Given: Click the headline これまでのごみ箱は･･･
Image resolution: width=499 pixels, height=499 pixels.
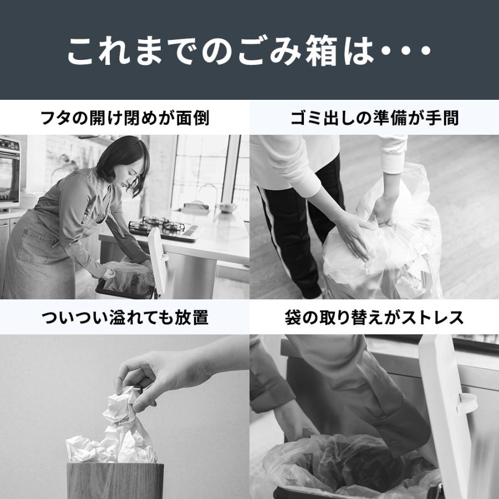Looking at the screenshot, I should pyautogui.click(x=249, y=51).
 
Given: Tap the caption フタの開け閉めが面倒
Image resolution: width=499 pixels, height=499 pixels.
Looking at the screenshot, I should pyautogui.click(x=125, y=118).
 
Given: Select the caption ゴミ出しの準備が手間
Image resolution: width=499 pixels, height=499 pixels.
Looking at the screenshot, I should pyautogui.click(x=374, y=118).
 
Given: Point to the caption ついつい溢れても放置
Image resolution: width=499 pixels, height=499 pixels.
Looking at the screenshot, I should pyautogui.click(x=125, y=318).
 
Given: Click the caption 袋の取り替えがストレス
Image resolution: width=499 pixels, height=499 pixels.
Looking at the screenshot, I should pyautogui.click(x=374, y=318).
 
